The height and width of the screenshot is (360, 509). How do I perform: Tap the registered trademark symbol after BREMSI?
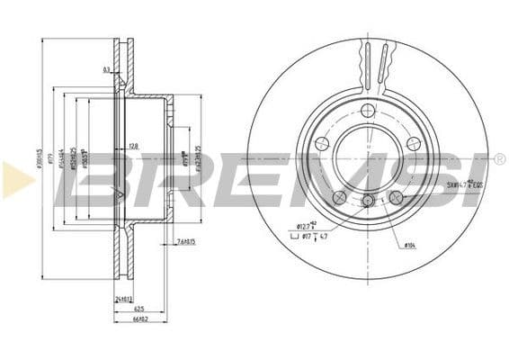click(x=499, y=159)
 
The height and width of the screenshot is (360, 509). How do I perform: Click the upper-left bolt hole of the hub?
click(x=322, y=143)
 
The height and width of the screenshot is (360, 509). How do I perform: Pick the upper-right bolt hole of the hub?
click(x=413, y=143)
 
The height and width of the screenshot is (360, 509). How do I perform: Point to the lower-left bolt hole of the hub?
click(x=339, y=197)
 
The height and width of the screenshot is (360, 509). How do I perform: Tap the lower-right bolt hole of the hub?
click(x=396, y=197)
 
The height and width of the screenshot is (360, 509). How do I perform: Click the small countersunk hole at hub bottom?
click(x=367, y=201)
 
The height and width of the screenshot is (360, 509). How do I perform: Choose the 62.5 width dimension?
click(x=130, y=308)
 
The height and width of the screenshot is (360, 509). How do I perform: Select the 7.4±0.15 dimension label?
click(x=185, y=241)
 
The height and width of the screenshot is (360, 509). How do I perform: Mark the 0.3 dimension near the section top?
click(x=107, y=69)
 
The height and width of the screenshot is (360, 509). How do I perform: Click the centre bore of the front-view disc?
click(x=367, y=157)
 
